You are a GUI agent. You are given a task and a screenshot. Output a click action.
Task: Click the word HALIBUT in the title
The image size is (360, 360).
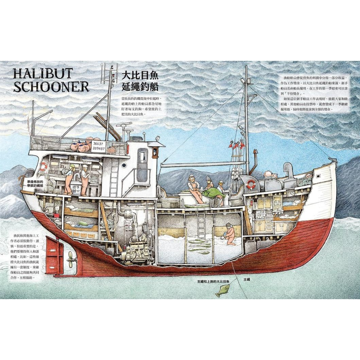[42, 74]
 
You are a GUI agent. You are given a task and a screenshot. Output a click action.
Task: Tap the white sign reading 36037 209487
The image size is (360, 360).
[97, 146]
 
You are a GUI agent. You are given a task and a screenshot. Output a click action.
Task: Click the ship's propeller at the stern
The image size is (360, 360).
[71, 257]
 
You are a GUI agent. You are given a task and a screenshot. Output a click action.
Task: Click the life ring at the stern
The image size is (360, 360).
[44, 166]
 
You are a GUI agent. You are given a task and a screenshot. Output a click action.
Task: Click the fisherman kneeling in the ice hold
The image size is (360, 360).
[229, 234]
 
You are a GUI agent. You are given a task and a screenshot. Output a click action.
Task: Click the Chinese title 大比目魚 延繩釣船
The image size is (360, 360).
[140, 81]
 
